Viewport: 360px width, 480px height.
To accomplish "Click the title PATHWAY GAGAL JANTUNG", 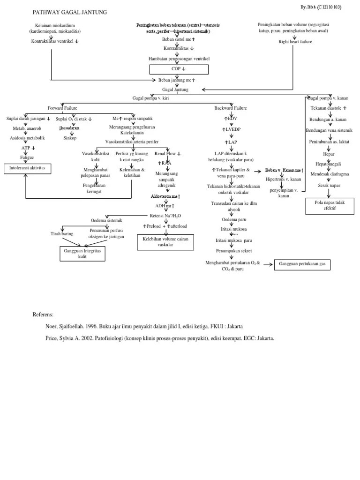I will tap(70, 12).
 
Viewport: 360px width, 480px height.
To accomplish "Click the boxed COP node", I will tap(179, 69).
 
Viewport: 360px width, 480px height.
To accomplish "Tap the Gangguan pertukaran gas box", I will tap(302, 265).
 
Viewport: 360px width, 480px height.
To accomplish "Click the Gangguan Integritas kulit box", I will tap(82, 254).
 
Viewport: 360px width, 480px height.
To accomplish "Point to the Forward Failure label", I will tap(63, 108).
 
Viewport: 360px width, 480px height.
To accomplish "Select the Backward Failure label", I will tap(231, 108).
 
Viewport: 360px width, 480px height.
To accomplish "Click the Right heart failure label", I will tap(295, 42).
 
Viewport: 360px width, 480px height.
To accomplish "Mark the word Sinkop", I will tap(70, 138).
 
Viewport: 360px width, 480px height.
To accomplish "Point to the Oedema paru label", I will tap(230, 219).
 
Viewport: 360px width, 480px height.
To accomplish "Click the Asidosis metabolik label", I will tap(27, 138).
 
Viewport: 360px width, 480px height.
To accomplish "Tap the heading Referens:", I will tap(43, 314).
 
